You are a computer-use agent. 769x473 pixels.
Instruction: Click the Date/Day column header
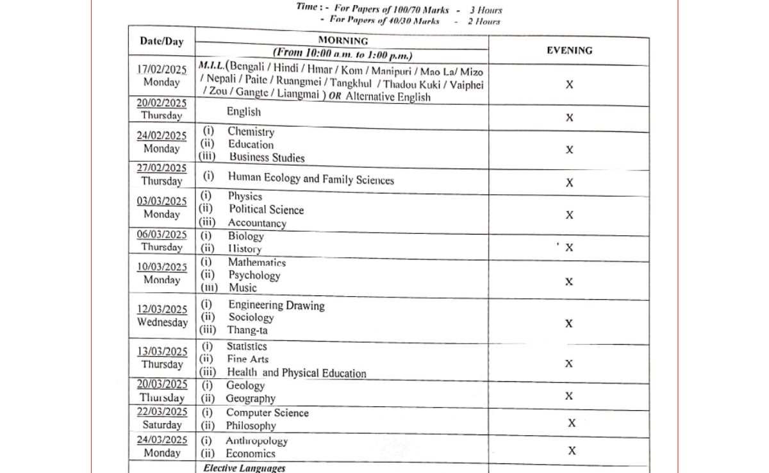(x=161, y=42)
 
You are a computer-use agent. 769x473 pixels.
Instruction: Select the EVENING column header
(x=569, y=50)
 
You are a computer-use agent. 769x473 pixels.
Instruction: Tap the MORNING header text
(x=343, y=40)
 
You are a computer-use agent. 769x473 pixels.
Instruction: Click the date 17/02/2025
(x=161, y=69)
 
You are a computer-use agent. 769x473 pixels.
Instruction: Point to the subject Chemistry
(x=251, y=131)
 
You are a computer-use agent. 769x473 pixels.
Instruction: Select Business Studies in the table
(x=267, y=158)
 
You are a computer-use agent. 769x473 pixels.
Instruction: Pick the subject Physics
(x=245, y=196)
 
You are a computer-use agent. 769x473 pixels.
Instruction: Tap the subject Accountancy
(x=257, y=223)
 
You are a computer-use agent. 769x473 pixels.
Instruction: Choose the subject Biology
(x=245, y=236)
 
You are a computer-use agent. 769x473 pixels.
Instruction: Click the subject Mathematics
(x=257, y=262)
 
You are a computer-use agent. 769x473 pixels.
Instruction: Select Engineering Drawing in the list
(x=276, y=306)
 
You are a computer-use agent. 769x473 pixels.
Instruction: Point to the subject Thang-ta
(x=247, y=331)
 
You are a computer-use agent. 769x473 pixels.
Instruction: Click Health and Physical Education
(x=296, y=373)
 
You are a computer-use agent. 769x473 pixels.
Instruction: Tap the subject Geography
(x=251, y=399)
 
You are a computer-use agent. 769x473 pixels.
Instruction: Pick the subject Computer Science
(x=267, y=413)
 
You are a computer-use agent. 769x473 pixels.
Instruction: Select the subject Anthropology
(x=256, y=441)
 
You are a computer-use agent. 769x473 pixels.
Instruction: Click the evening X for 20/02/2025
(x=569, y=117)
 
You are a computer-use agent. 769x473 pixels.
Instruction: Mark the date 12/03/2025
(x=162, y=310)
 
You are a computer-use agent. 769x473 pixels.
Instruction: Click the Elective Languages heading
(x=244, y=468)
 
